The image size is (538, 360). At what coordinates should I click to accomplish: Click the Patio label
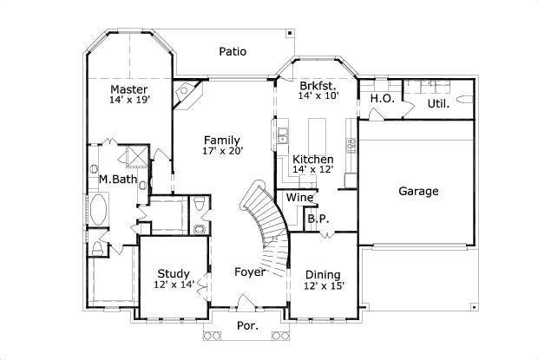click(x=232, y=51)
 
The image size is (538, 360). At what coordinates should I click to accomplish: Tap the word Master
click(x=128, y=89)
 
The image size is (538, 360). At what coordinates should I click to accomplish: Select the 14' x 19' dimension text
click(x=128, y=101)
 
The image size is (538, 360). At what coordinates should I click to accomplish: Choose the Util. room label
click(x=437, y=104)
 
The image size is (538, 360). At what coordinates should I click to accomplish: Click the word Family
click(x=222, y=140)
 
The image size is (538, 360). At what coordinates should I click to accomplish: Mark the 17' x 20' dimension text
click(x=223, y=151)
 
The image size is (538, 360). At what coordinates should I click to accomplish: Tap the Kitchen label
click(x=312, y=160)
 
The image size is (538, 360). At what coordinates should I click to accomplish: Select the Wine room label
click(x=299, y=197)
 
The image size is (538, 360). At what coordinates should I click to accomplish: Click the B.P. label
click(x=318, y=219)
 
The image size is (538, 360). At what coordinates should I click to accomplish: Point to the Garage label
click(x=418, y=191)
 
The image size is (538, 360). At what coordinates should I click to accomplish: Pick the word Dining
click(x=323, y=274)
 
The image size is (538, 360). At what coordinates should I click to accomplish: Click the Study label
click(x=173, y=274)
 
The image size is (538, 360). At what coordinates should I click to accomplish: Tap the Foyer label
click(x=250, y=272)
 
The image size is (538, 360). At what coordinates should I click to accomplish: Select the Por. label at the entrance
click(x=247, y=326)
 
